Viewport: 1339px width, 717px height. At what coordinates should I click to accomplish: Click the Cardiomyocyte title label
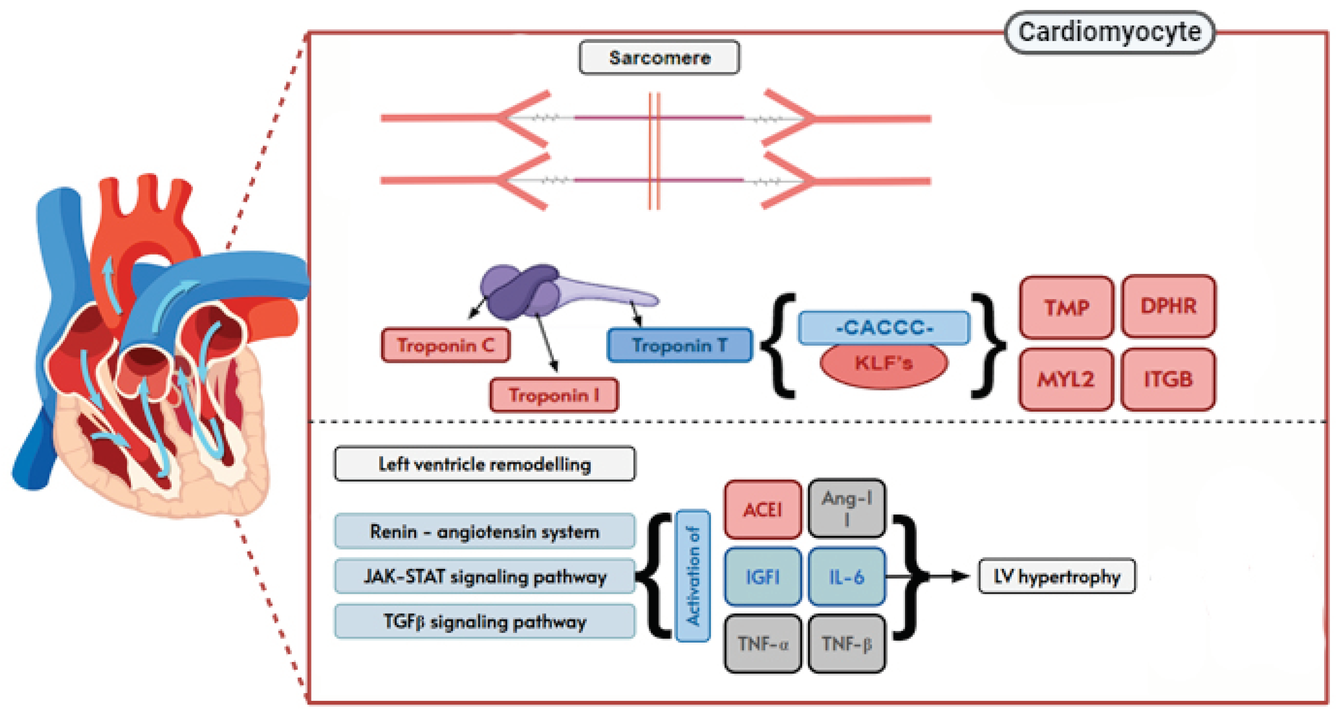click(x=1109, y=33)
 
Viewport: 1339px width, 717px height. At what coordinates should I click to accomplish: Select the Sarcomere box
click(x=659, y=58)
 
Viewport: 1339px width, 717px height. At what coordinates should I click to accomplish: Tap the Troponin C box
click(x=446, y=345)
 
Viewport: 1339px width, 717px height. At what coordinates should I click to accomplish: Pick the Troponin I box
click(x=554, y=395)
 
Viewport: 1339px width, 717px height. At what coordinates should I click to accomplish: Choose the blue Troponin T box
click(x=679, y=345)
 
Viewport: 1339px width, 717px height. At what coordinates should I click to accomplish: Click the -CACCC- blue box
click(x=884, y=327)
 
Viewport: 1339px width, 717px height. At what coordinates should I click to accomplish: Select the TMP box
click(x=1066, y=307)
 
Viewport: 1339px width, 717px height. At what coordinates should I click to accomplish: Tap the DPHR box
click(x=1168, y=306)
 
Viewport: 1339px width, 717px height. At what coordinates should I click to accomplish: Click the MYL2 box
click(x=1066, y=379)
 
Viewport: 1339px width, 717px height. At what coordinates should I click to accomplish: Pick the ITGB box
click(x=1168, y=379)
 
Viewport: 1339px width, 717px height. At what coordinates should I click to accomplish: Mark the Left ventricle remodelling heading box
click(x=484, y=464)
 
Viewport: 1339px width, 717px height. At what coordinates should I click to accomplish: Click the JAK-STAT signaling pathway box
click(x=484, y=577)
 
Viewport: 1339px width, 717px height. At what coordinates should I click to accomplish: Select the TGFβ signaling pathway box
click(x=484, y=621)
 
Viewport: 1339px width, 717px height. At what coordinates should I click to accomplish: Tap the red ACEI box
click(x=763, y=510)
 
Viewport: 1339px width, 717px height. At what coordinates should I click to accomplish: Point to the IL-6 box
click(x=846, y=577)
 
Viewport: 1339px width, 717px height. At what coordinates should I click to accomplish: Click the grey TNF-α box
click(x=763, y=644)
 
